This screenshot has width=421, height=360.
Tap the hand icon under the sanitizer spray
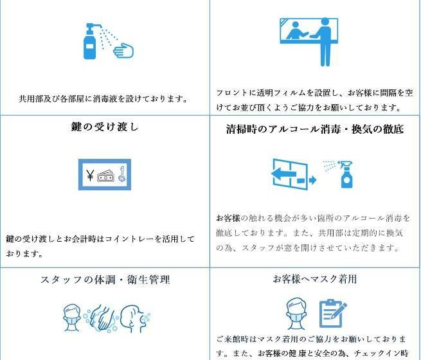[x=123, y=50]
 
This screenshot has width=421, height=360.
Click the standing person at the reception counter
[x=323, y=42]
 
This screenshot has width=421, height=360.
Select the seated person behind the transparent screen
[x=296, y=31]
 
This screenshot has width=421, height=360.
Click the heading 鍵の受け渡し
[x=105, y=127]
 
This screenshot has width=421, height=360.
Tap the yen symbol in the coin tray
[x=90, y=175]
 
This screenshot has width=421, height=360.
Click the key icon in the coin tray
[x=122, y=174]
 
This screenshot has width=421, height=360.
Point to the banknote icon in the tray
[x=106, y=175]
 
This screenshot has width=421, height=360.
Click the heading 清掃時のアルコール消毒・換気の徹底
[x=315, y=129]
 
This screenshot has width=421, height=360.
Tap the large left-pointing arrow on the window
[x=283, y=174]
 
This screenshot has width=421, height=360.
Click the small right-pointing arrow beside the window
[x=307, y=180]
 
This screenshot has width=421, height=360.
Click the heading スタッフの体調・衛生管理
[x=105, y=280]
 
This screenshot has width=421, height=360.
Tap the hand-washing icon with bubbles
[x=102, y=319]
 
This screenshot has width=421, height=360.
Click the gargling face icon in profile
[x=135, y=318]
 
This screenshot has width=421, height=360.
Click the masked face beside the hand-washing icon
[x=72, y=318]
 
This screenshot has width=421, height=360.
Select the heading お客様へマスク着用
[x=315, y=279]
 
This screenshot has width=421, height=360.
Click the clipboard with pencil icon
[x=332, y=313]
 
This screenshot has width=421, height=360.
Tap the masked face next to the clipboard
[x=296, y=313]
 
